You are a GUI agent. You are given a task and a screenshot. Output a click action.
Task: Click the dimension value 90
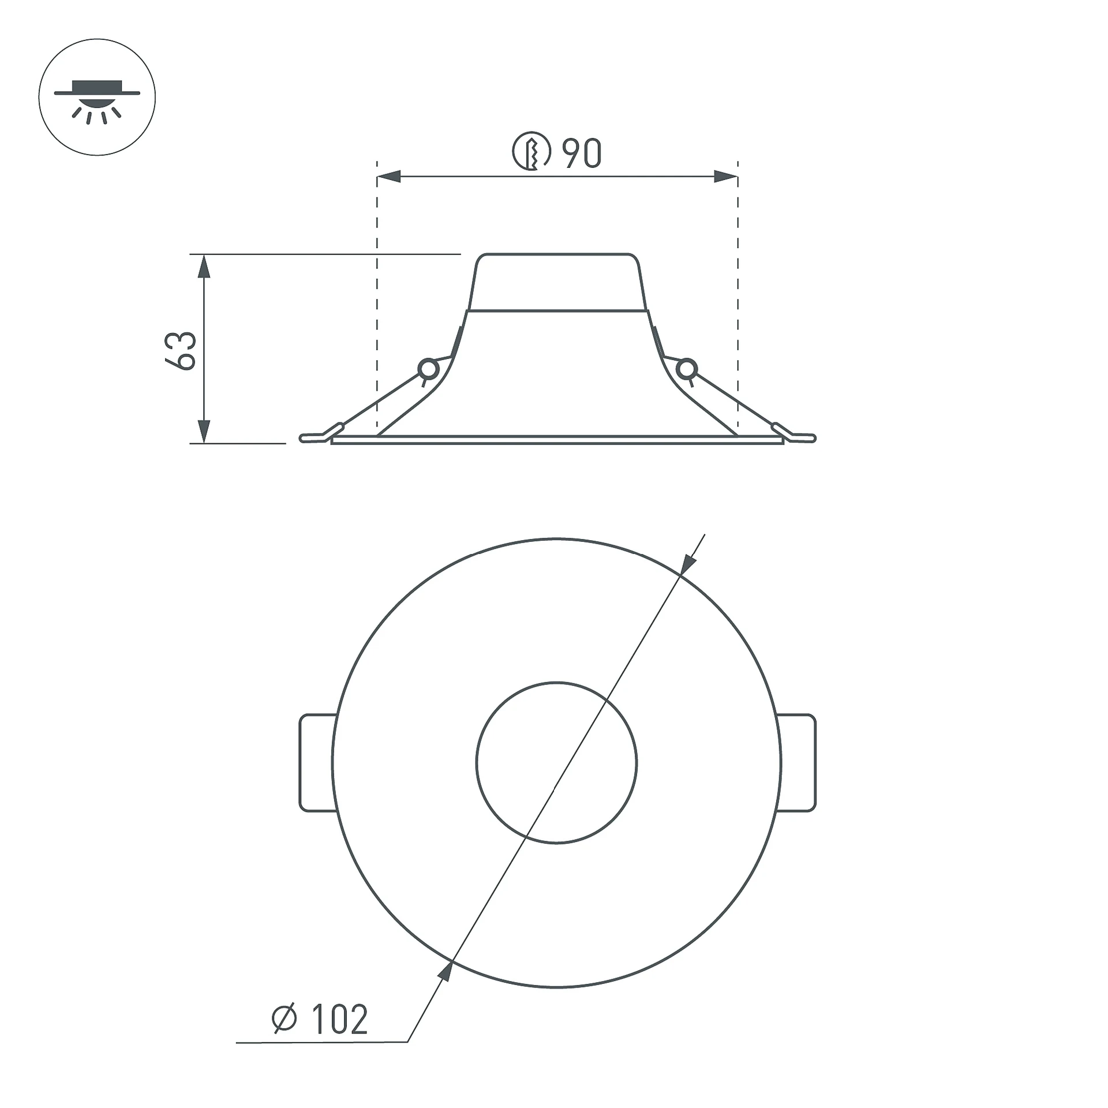[x=582, y=153]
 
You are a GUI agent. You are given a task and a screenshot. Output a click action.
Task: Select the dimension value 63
[x=181, y=350]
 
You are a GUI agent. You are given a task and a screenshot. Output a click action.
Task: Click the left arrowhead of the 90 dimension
[x=389, y=177]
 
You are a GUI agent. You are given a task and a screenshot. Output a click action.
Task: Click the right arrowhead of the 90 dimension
[x=726, y=177]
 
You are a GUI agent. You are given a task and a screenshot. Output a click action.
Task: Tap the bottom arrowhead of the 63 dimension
[x=204, y=431]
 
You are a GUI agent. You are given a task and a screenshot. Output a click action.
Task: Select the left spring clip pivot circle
[x=428, y=369]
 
